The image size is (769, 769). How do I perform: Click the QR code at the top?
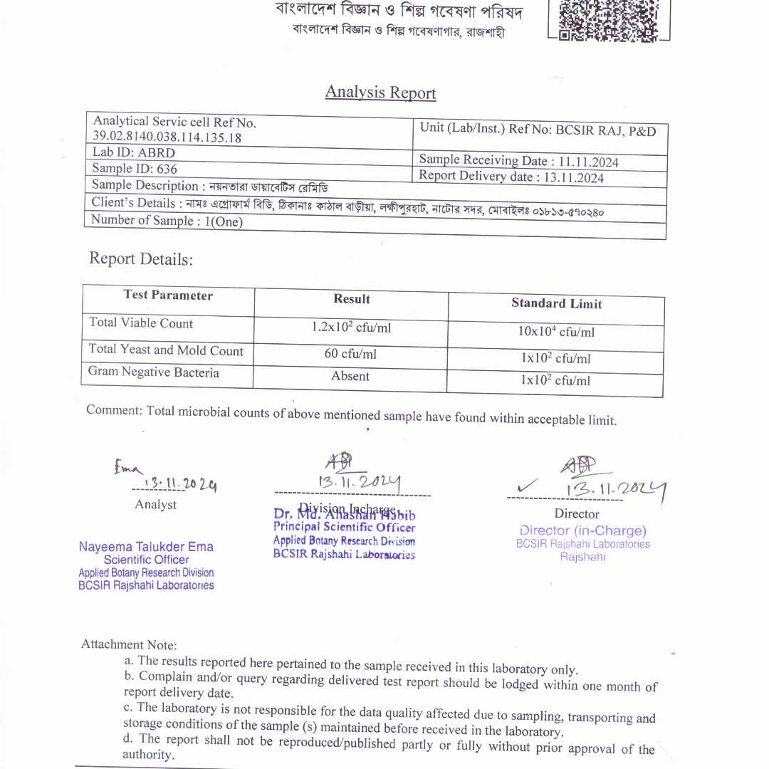[609, 20]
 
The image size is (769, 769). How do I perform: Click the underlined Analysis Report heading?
[380, 93]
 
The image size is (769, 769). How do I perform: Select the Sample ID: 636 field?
[135, 169]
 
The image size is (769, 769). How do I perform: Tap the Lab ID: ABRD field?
[134, 152]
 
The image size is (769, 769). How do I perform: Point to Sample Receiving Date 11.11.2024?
[518, 161]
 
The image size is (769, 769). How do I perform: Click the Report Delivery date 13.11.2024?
[511, 177]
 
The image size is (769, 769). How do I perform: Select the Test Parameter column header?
[168, 295]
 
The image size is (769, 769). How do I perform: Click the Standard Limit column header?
[556, 304]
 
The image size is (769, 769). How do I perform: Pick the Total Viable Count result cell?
[351, 328]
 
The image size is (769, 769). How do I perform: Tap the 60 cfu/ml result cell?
[351, 354]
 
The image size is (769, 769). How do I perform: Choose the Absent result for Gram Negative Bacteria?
[350, 376]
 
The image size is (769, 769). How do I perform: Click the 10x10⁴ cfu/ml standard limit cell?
[556, 332]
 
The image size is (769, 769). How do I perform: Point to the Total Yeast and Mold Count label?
[166, 350]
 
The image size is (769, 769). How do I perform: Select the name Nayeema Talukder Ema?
[146, 547]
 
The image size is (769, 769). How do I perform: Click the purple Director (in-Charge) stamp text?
[583, 530]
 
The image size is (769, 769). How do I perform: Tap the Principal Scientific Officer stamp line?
[344, 528]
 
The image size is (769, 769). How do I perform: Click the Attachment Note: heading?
[129, 644]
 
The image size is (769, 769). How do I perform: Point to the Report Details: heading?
[141, 259]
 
